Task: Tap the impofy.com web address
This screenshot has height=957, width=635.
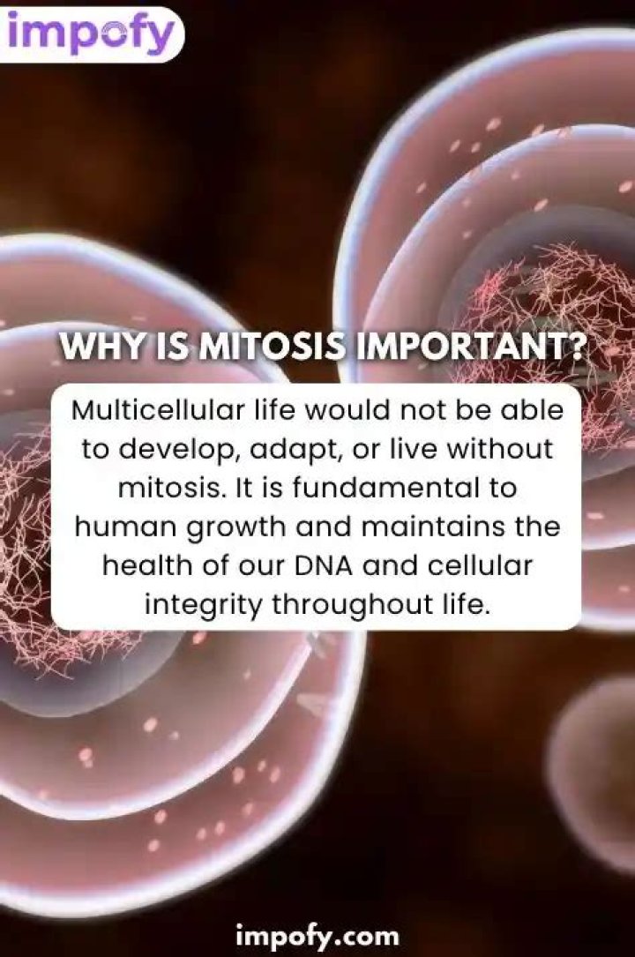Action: click(317, 934)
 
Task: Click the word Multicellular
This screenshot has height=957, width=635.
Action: click(157, 409)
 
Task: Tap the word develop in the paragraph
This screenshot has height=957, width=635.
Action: click(177, 450)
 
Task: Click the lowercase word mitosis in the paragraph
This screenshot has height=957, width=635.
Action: click(168, 488)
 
